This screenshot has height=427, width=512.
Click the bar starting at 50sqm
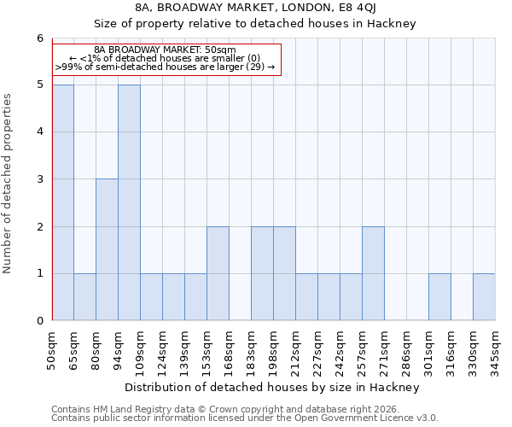pyautogui.click(x=62, y=202)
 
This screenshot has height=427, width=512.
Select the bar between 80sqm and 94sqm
pyautogui.click(x=107, y=249)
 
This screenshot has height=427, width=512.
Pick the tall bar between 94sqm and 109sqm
pyautogui.click(x=129, y=202)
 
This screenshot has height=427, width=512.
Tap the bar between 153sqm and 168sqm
pyautogui.click(x=218, y=273)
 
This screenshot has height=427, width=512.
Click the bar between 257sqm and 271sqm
pyautogui.click(x=373, y=273)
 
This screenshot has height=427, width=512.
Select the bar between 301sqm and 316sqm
pyautogui.click(x=439, y=296)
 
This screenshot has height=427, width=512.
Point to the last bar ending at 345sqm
pyautogui.click(x=484, y=296)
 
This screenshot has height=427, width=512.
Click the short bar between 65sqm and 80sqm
pyautogui.click(x=84, y=296)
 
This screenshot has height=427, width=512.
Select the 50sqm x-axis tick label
pyautogui.click(x=52, y=347)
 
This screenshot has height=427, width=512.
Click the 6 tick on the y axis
pyautogui.click(x=39, y=38)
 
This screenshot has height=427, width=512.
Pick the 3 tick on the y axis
pyautogui.click(x=39, y=179)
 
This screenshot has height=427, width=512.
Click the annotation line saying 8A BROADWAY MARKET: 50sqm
pyautogui.click(x=166, y=50)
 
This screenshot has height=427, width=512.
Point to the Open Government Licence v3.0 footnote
pyautogui.click(x=245, y=418)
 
